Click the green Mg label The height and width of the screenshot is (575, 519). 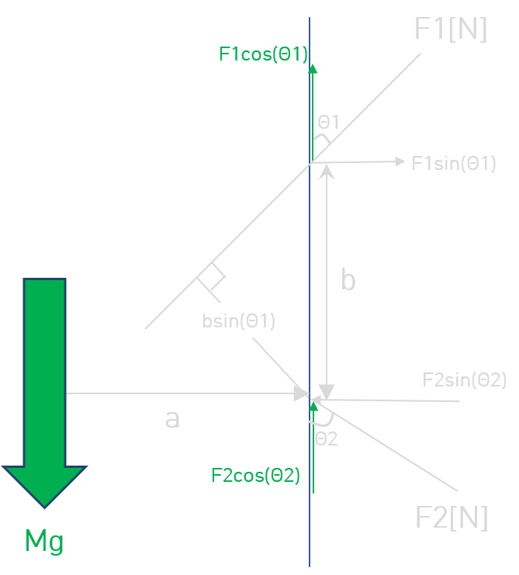[44, 542]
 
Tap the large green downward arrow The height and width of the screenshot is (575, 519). [44, 393]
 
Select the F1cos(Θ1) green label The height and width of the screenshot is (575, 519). [263, 54]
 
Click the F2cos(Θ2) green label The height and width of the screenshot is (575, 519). [255, 476]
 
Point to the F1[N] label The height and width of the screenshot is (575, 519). [451, 29]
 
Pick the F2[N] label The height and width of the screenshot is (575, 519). [452, 518]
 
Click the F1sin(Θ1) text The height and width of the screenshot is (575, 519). [454, 164]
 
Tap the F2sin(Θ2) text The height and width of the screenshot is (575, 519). [465, 380]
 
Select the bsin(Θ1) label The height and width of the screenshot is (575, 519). [238, 321]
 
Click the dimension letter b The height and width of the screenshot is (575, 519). [348, 279]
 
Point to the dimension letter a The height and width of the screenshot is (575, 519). [172, 419]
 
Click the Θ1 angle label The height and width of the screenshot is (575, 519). [328, 122]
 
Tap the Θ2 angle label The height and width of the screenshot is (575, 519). [326, 439]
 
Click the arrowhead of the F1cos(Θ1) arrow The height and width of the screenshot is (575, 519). [313, 68]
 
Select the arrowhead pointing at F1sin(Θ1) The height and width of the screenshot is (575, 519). [400, 161]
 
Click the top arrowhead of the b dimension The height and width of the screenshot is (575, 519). [326, 171]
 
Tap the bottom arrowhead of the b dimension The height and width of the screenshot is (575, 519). [326, 392]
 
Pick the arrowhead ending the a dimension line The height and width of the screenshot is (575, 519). [302, 394]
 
